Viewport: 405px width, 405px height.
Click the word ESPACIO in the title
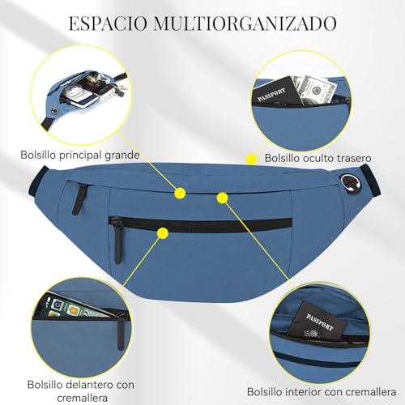tap(109, 23)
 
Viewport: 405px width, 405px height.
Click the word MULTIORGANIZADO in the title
tap(245, 23)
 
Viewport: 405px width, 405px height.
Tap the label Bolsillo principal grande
tap(80, 155)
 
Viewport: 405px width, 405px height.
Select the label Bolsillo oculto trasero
tap(318, 158)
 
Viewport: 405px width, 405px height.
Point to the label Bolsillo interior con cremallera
tap(322, 392)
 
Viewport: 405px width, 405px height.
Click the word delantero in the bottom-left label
tap(91, 385)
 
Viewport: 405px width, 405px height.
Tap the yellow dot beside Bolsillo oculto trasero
tap(252, 160)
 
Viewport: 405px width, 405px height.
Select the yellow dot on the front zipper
tap(163, 233)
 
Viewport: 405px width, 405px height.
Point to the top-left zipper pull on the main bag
tap(79, 199)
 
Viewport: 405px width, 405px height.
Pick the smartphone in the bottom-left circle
tap(75, 307)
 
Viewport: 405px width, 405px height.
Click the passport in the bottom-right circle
tap(318, 321)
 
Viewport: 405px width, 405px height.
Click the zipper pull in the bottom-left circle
tap(121, 332)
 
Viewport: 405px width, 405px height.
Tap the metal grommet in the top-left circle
tap(56, 111)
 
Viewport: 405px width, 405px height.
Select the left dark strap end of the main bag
tap(37, 181)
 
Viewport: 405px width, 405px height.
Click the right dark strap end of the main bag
tap(369, 181)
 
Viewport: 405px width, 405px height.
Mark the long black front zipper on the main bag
tap(200, 224)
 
